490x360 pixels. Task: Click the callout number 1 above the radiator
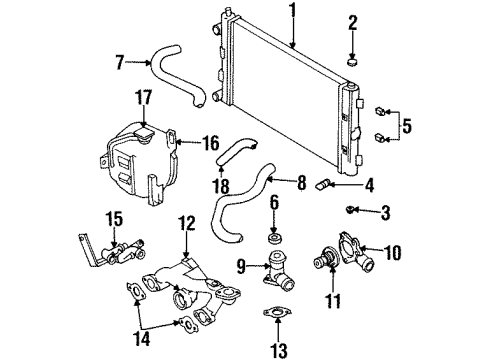coord(293,12)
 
